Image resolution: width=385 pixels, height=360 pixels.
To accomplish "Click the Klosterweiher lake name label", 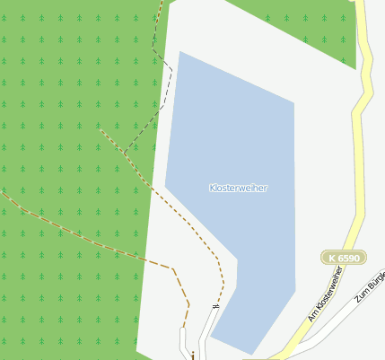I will (x=238, y=188).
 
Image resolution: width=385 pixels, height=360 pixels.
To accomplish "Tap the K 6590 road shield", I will (x=344, y=258).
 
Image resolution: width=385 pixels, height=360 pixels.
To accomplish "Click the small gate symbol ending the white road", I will (x=214, y=307).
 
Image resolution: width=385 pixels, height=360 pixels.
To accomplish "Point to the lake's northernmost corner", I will (x=180, y=51).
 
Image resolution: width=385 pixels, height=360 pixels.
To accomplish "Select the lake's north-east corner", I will (x=294, y=102).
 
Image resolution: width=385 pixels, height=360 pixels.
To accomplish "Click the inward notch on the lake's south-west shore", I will (x=237, y=261).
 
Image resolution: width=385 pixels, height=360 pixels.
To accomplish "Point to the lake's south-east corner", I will (x=295, y=289).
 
